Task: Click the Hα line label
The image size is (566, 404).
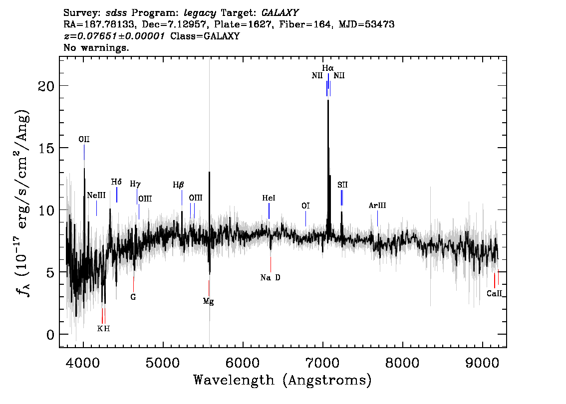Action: (328, 68)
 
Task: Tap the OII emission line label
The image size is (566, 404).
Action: (84, 140)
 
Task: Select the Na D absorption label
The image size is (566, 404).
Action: (271, 277)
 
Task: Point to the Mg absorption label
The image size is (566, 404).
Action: (208, 302)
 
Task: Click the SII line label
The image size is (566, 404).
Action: (342, 185)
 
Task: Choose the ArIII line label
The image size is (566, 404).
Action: (377, 205)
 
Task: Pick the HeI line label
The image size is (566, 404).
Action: (269, 198)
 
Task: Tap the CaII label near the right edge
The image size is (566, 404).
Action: (494, 293)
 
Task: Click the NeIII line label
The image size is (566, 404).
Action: (96, 195)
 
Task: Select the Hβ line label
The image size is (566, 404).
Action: (178, 185)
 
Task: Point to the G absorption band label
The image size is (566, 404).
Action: (133, 297)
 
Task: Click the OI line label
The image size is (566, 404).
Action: (305, 205)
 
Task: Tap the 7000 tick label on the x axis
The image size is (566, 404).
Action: (322, 362)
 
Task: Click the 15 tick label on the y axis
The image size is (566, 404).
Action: (46, 148)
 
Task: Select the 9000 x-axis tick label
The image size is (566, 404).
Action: (482, 362)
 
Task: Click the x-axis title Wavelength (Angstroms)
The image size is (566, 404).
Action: (283, 380)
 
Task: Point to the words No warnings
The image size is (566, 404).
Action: (96, 47)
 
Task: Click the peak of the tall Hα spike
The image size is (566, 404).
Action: (328, 101)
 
